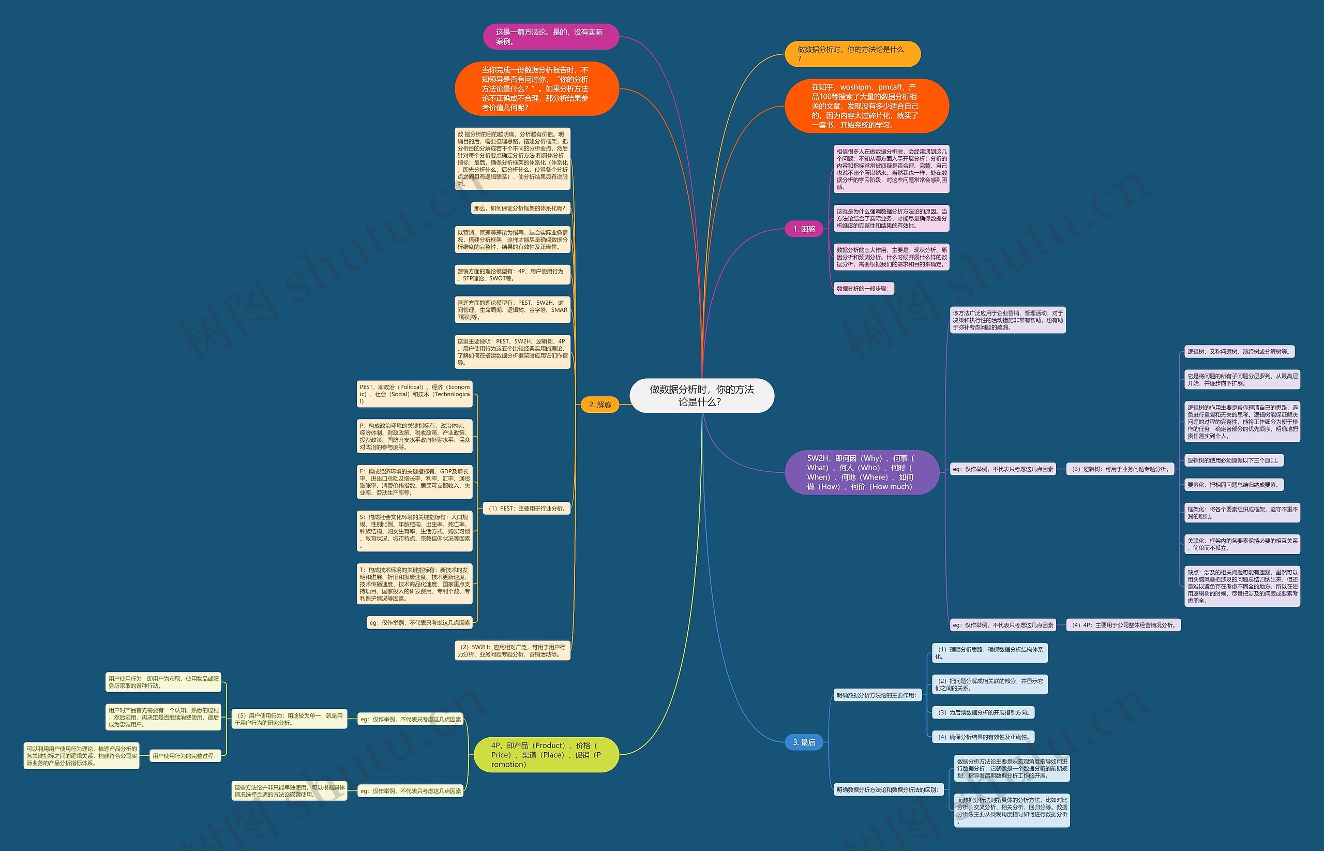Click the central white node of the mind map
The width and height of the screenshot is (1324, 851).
coord(701,396)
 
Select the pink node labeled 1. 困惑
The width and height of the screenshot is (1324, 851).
coord(804,229)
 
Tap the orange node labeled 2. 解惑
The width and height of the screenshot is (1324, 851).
coord(600,405)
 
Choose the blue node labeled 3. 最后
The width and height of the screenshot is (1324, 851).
coord(804,742)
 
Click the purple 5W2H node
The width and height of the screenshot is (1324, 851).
coord(862,472)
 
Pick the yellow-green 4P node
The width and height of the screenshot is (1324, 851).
coord(546,755)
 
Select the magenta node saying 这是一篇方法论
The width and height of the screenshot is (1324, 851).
coord(550,36)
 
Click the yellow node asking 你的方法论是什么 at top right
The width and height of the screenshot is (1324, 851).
coord(852,54)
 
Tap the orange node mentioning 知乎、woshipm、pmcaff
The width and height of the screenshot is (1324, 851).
coord(866,106)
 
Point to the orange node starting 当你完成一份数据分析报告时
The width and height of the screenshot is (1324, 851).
coord(536,88)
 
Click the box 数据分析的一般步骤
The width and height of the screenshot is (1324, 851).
coord(863,289)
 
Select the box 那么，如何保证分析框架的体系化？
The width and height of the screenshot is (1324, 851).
coord(520,208)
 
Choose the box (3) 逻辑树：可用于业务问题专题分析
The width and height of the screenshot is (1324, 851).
coord(1120,469)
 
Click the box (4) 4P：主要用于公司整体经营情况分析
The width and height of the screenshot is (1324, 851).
coord(1123,625)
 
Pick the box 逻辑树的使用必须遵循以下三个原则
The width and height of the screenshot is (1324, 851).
coord(1233,460)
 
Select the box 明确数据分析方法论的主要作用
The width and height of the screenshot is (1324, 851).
coord(877,695)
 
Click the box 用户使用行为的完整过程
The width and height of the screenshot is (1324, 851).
coord(185,756)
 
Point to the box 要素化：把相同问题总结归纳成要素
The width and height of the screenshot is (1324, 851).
coord(1233,485)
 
